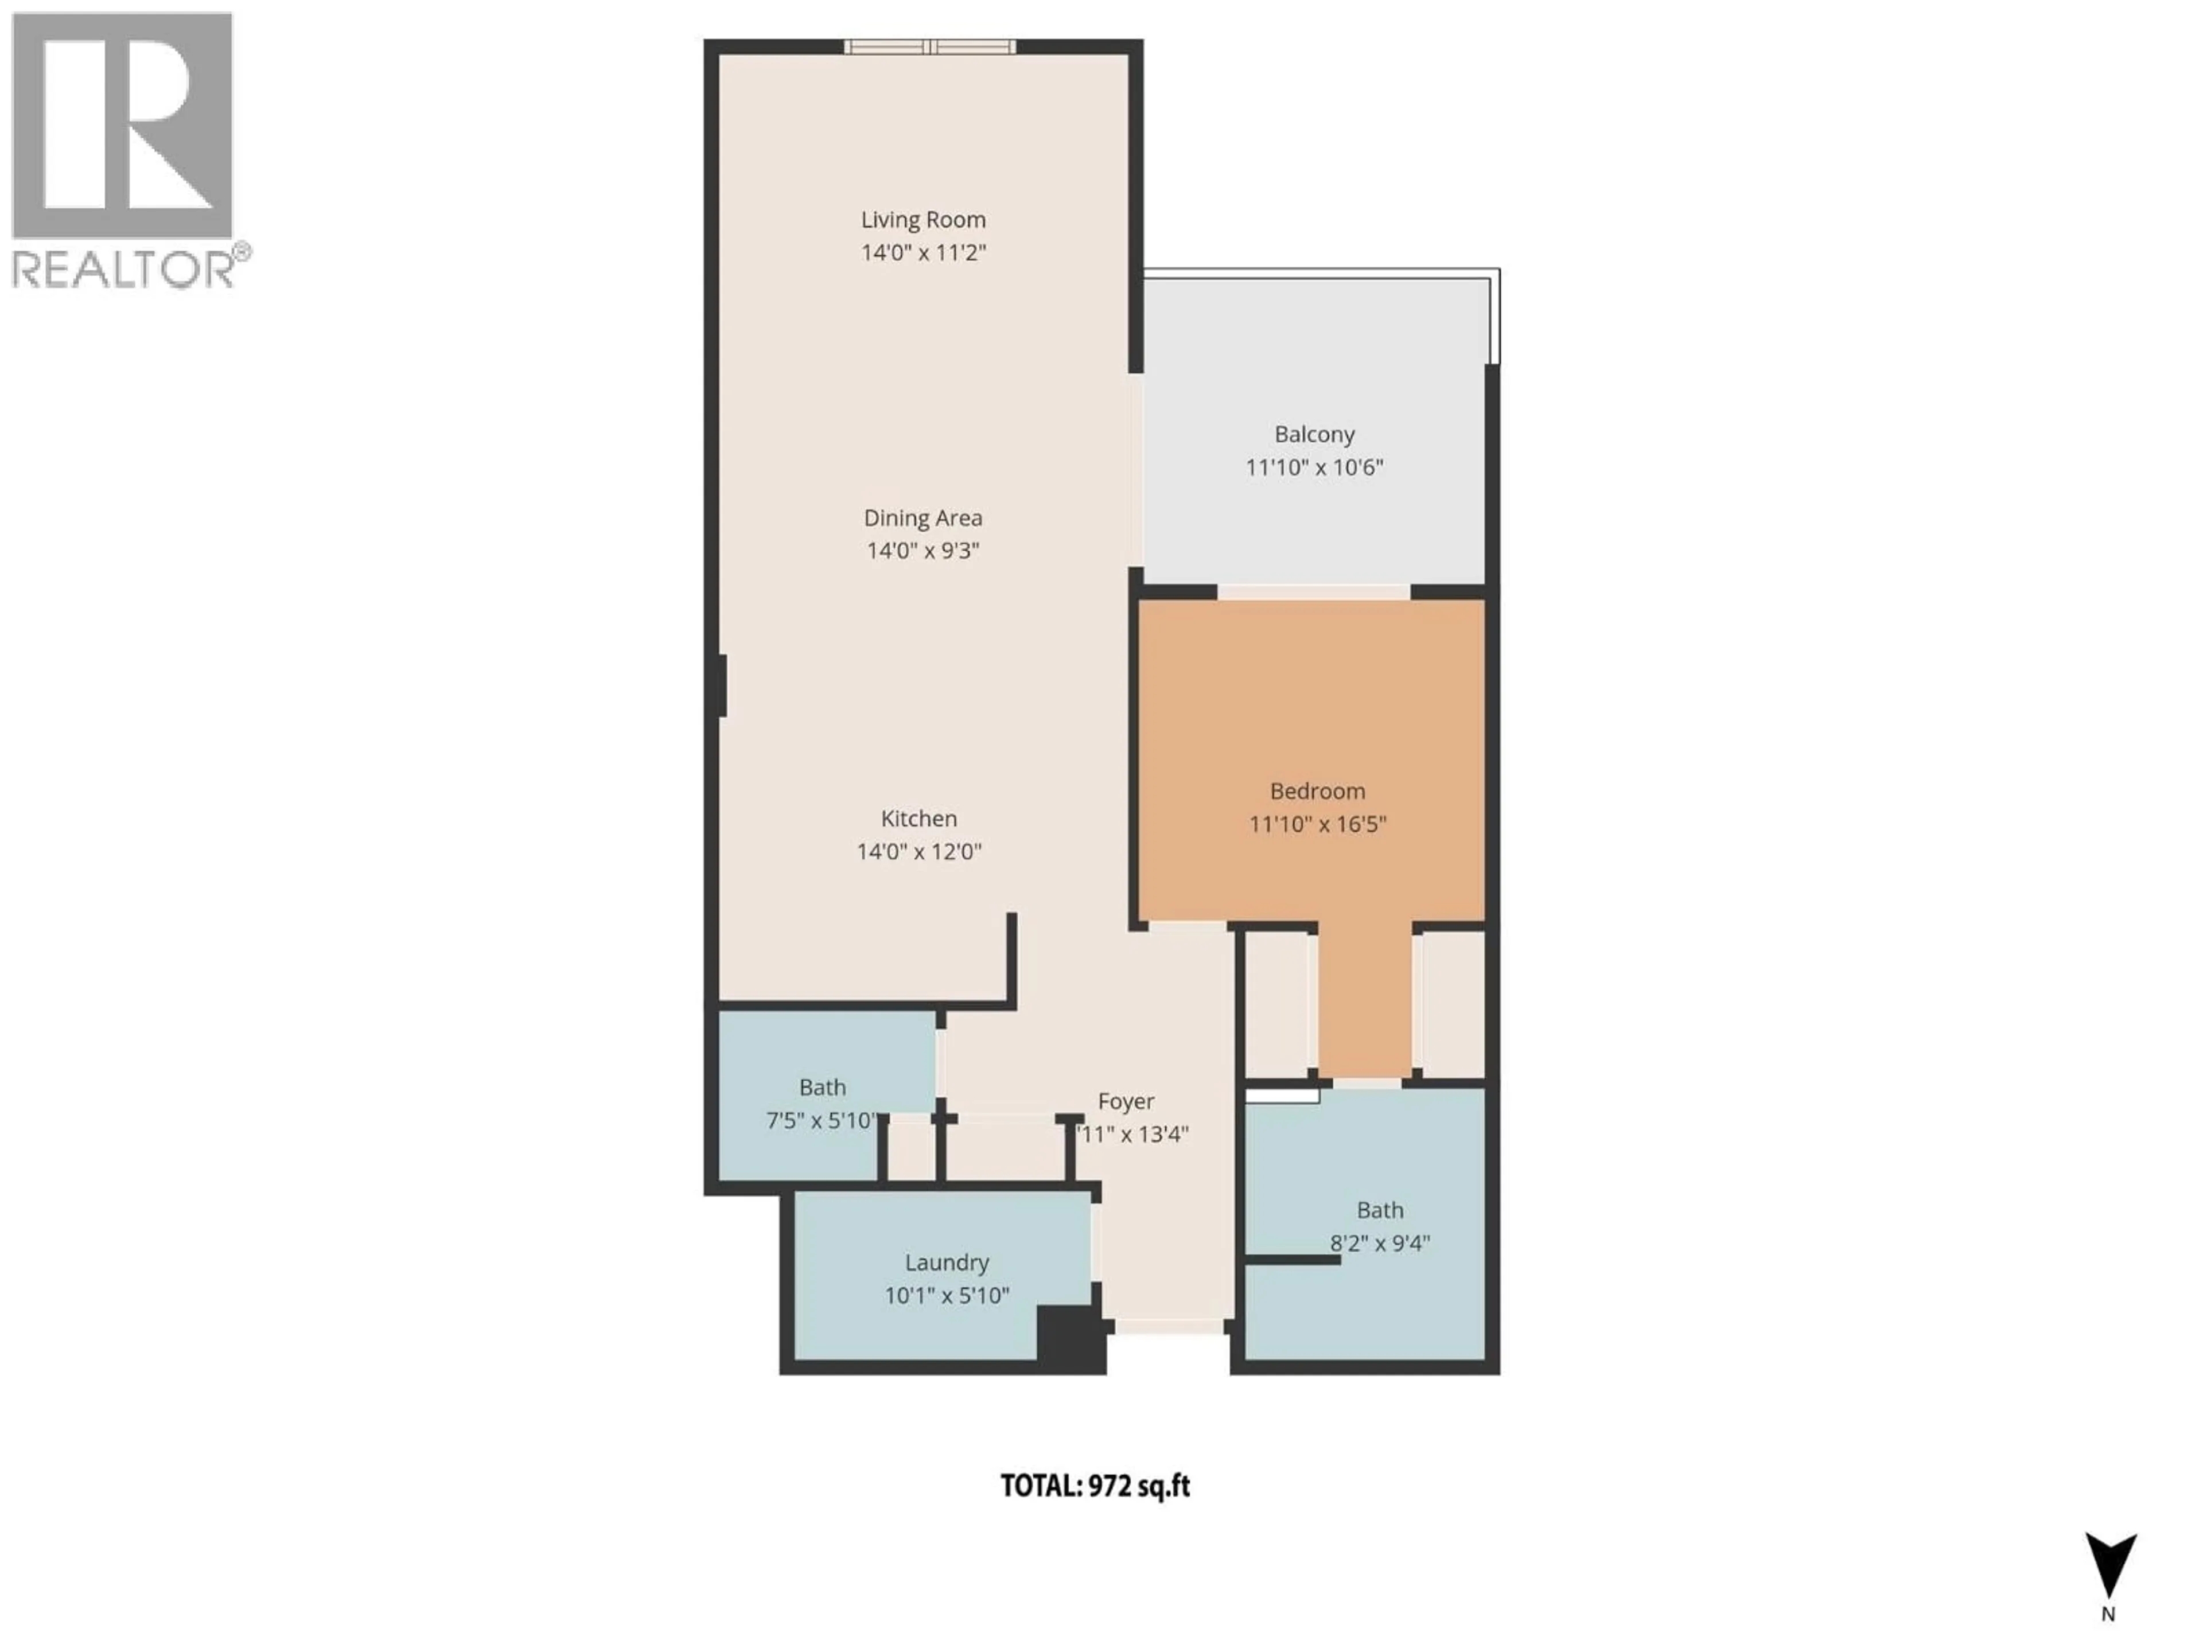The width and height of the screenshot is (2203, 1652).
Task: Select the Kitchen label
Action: (918, 819)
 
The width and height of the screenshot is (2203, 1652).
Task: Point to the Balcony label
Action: (1314, 434)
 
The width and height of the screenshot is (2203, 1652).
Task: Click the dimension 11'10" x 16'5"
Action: (1317, 824)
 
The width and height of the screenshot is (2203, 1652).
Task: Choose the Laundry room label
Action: (946, 1263)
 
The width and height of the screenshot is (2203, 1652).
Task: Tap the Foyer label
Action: (1126, 1101)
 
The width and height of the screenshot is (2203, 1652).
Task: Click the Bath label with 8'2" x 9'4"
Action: (1379, 1210)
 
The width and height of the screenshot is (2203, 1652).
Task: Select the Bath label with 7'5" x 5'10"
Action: (822, 1088)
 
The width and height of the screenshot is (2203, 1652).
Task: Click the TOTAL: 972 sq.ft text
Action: (1095, 1486)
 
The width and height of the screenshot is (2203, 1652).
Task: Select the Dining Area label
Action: (923, 518)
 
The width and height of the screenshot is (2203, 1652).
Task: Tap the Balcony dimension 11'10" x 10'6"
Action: (1314, 467)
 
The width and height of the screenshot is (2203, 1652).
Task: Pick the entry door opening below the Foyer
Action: (1167, 1326)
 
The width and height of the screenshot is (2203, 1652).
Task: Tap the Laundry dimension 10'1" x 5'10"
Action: (946, 1296)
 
